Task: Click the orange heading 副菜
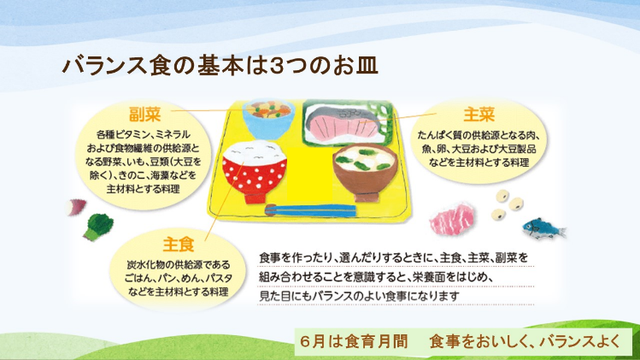click(x=145, y=115)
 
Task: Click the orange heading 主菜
click(x=479, y=115)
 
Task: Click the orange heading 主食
click(x=179, y=245)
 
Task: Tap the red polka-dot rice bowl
click(x=255, y=172)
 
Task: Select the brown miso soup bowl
click(x=366, y=173)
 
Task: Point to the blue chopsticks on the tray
click(x=310, y=210)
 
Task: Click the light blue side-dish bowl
click(x=268, y=120)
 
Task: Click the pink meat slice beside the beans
click(x=452, y=219)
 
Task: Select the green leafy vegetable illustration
click(x=98, y=227)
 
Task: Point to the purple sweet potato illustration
click(x=75, y=207)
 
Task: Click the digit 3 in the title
click(x=278, y=66)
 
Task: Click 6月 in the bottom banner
click(x=314, y=341)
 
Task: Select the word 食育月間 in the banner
click(x=376, y=341)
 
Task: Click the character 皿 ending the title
click(x=367, y=66)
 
